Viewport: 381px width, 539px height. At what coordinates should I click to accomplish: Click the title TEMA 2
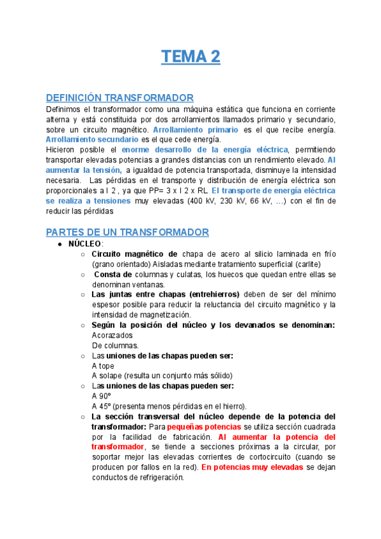click(190, 57)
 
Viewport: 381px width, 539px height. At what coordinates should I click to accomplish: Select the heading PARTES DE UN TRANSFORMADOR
click(128, 233)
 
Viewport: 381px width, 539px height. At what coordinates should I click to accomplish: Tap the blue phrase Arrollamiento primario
click(196, 129)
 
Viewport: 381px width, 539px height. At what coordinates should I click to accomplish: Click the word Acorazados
click(112, 335)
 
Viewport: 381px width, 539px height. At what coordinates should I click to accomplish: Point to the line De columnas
click(115, 345)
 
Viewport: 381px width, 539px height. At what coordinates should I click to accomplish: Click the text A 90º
click(102, 396)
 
